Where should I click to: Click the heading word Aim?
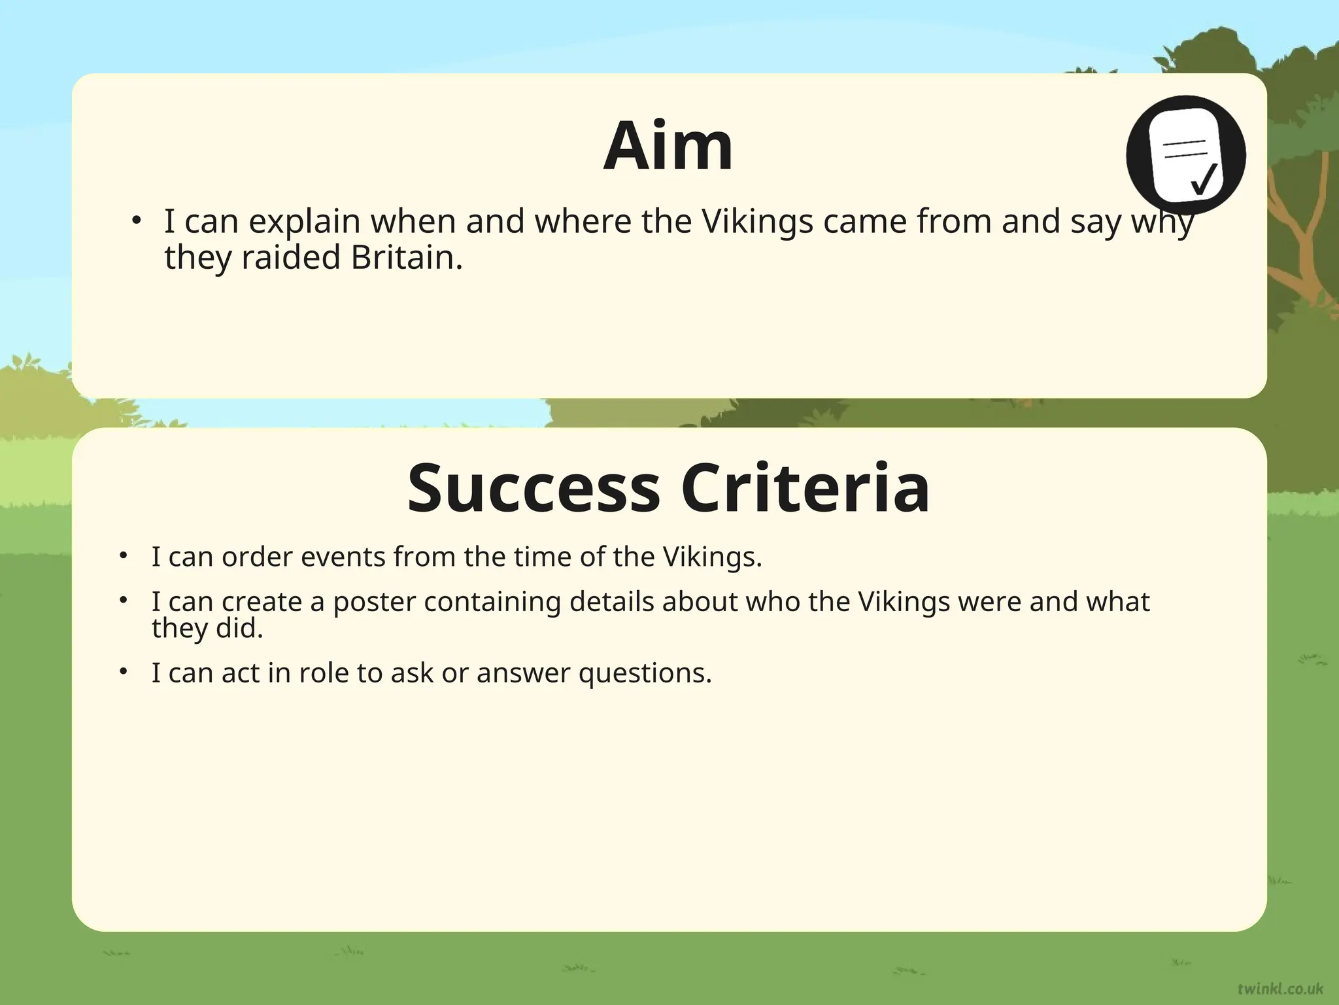point(668,147)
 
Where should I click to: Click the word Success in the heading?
point(534,489)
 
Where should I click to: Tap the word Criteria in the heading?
point(805,489)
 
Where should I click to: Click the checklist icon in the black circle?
point(1185,155)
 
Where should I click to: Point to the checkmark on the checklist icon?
point(1203,178)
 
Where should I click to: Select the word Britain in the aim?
point(407,257)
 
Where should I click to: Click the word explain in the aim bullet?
point(305,221)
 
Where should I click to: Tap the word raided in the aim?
point(291,257)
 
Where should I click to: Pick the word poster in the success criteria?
point(374,601)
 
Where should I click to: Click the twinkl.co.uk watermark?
point(1280,988)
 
